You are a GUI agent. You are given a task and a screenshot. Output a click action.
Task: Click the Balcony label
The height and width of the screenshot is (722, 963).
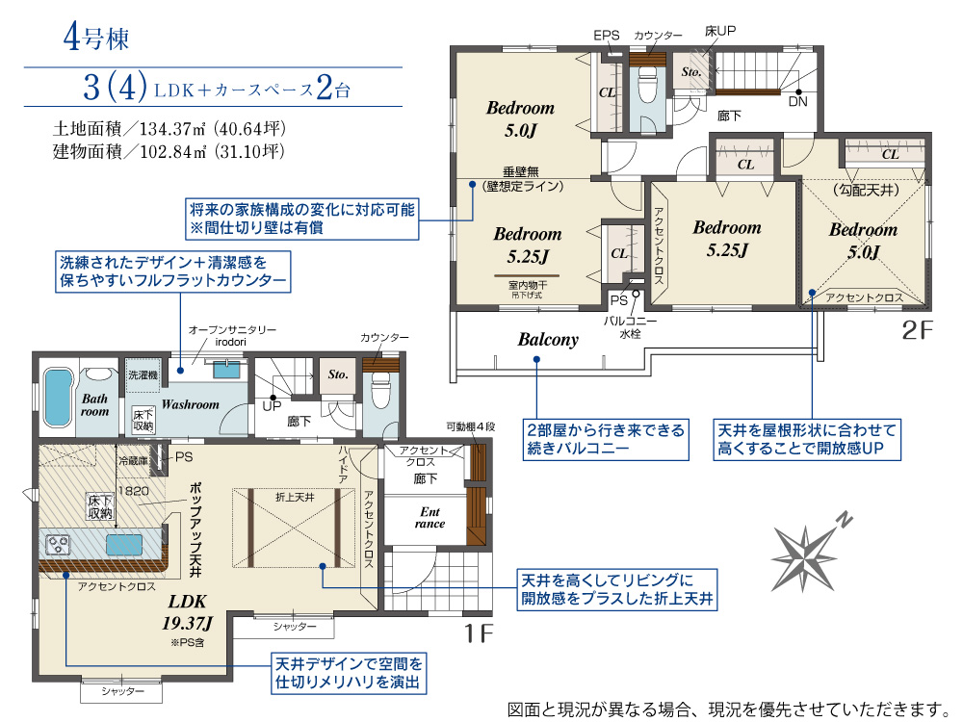[548, 339]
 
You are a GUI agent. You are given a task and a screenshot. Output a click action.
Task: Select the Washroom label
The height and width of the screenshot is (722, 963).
[190, 404]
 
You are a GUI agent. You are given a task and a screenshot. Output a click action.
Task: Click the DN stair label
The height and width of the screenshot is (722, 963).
[797, 101]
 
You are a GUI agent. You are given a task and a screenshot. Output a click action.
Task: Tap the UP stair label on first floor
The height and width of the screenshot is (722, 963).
[273, 406]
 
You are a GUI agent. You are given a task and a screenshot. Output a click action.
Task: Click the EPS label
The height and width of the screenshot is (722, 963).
[606, 35]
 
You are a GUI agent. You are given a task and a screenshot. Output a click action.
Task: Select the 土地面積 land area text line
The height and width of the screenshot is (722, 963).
[170, 128]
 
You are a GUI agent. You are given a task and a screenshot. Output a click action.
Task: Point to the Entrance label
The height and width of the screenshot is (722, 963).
[429, 518]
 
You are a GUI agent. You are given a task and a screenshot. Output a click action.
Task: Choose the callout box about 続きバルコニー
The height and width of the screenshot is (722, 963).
[606, 438]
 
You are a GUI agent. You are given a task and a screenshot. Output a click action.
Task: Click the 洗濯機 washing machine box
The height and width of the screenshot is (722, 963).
[141, 374]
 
